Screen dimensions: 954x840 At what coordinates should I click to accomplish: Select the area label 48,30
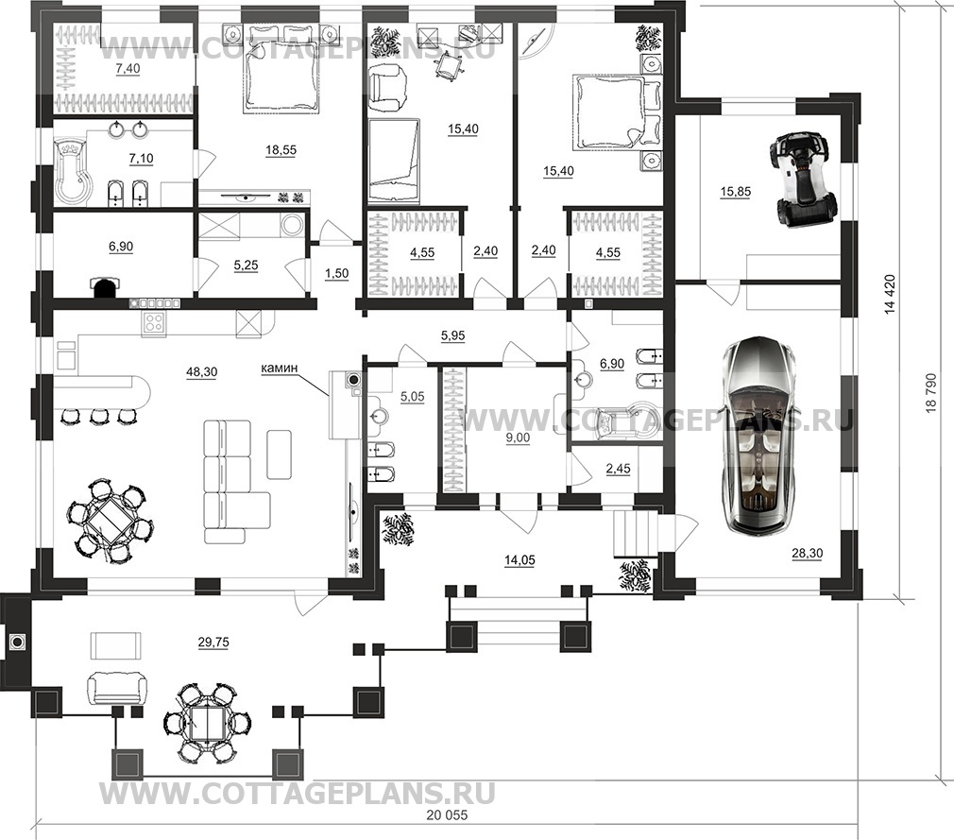point(202,372)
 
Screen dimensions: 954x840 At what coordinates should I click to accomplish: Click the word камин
point(280,368)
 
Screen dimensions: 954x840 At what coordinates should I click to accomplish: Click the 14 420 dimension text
point(891,295)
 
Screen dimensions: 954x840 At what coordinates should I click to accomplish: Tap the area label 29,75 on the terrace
point(213,642)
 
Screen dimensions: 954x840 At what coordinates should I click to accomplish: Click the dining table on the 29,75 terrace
point(208,722)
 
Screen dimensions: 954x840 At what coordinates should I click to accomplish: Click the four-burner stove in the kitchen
point(153,323)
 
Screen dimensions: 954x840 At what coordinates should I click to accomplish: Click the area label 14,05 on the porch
point(520,560)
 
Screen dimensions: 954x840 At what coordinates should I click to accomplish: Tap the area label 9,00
point(518,437)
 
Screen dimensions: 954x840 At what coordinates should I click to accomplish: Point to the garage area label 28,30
point(807,554)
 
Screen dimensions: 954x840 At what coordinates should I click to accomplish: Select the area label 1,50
point(336,273)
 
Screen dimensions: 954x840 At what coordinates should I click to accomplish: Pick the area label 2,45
point(618,469)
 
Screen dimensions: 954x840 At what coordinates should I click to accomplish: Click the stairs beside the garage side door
point(635,535)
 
